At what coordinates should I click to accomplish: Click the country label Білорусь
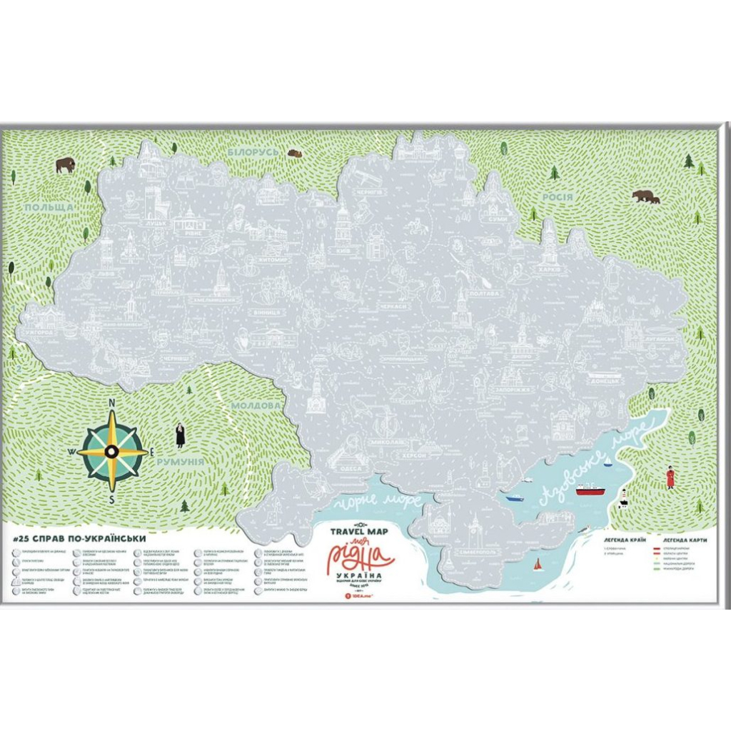(253, 153)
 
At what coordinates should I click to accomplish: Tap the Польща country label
(49, 207)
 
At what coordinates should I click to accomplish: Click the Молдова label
(255, 405)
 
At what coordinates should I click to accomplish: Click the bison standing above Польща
(66, 166)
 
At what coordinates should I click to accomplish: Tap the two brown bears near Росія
(645, 196)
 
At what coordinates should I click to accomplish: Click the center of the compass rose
(112, 451)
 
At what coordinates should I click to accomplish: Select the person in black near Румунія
(181, 435)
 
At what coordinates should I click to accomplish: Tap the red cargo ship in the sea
(590, 490)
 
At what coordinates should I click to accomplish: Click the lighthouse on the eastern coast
(623, 497)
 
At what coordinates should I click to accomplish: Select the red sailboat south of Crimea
(538, 566)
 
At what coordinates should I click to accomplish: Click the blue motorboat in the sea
(515, 498)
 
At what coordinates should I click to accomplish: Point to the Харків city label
(548, 271)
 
